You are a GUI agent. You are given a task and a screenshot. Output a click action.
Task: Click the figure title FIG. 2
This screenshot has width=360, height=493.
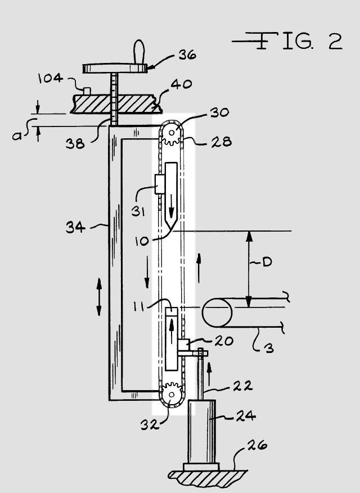pyautogui.click(x=287, y=41)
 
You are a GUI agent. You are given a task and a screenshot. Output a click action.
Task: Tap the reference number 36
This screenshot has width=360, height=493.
pyautogui.click(x=187, y=55)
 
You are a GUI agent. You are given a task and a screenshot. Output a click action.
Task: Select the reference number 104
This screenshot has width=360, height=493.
pyautogui.click(x=51, y=78)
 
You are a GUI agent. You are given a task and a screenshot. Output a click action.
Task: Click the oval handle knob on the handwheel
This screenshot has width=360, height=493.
pyautogui.click(x=139, y=52)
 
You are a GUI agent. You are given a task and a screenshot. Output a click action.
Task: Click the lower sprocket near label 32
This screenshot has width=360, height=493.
pyautogui.click(x=172, y=394)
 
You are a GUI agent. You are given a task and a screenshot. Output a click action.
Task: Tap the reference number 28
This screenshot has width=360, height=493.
pyautogui.click(x=222, y=142)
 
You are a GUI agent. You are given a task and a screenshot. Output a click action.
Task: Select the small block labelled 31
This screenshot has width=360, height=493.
pyautogui.click(x=160, y=184)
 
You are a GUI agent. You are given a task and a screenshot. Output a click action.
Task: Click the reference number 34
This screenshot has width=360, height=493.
pyautogui.click(x=75, y=227)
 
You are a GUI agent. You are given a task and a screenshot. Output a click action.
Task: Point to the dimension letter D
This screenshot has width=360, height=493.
pyautogui.click(x=267, y=261)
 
